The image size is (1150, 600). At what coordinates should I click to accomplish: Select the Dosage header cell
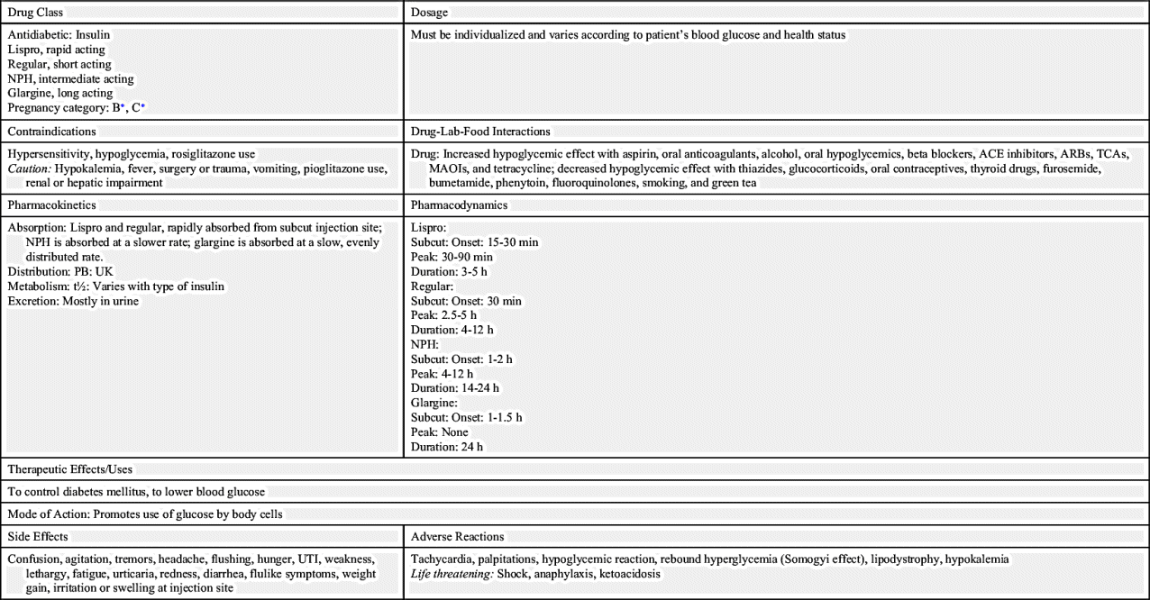pyautogui.click(x=429, y=13)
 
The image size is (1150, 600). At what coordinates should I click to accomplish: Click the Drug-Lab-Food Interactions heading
pyautogui.click(x=479, y=132)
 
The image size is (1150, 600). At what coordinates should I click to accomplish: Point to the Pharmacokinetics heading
pyautogui.click(x=51, y=205)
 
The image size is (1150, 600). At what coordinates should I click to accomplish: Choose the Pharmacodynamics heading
pyautogui.click(x=459, y=205)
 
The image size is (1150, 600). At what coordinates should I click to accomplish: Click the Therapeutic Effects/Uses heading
pyautogui.click(x=70, y=469)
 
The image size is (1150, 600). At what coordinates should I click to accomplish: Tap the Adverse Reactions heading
pyautogui.click(x=457, y=537)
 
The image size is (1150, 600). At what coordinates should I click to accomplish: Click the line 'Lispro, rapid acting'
pyautogui.click(x=59, y=50)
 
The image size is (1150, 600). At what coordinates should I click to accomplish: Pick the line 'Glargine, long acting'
pyautogui.click(x=60, y=93)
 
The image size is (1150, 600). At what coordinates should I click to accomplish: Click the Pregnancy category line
pyautogui.click(x=77, y=108)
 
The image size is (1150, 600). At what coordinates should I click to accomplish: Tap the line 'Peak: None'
pyautogui.click(x=439, y=432)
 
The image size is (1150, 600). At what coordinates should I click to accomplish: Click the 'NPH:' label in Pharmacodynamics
pyautogui.click(x=424, y=344)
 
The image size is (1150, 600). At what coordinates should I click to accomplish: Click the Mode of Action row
pyautogui.click(x=144, y=514)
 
